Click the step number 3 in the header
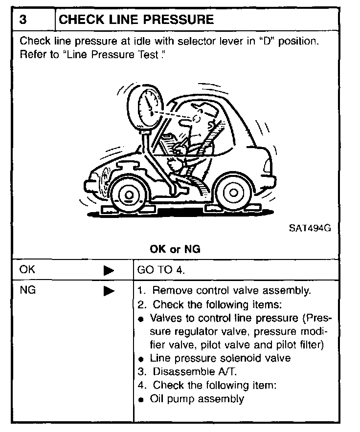tap(23, 20)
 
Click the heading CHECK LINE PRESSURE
tap(136, 20)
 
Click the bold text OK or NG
tap(175, 249)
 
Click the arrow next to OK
tap(109, 270)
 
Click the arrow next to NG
tap(109, 291)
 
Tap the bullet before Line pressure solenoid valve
tap(141, 359)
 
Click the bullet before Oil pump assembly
tap(141, 400)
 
